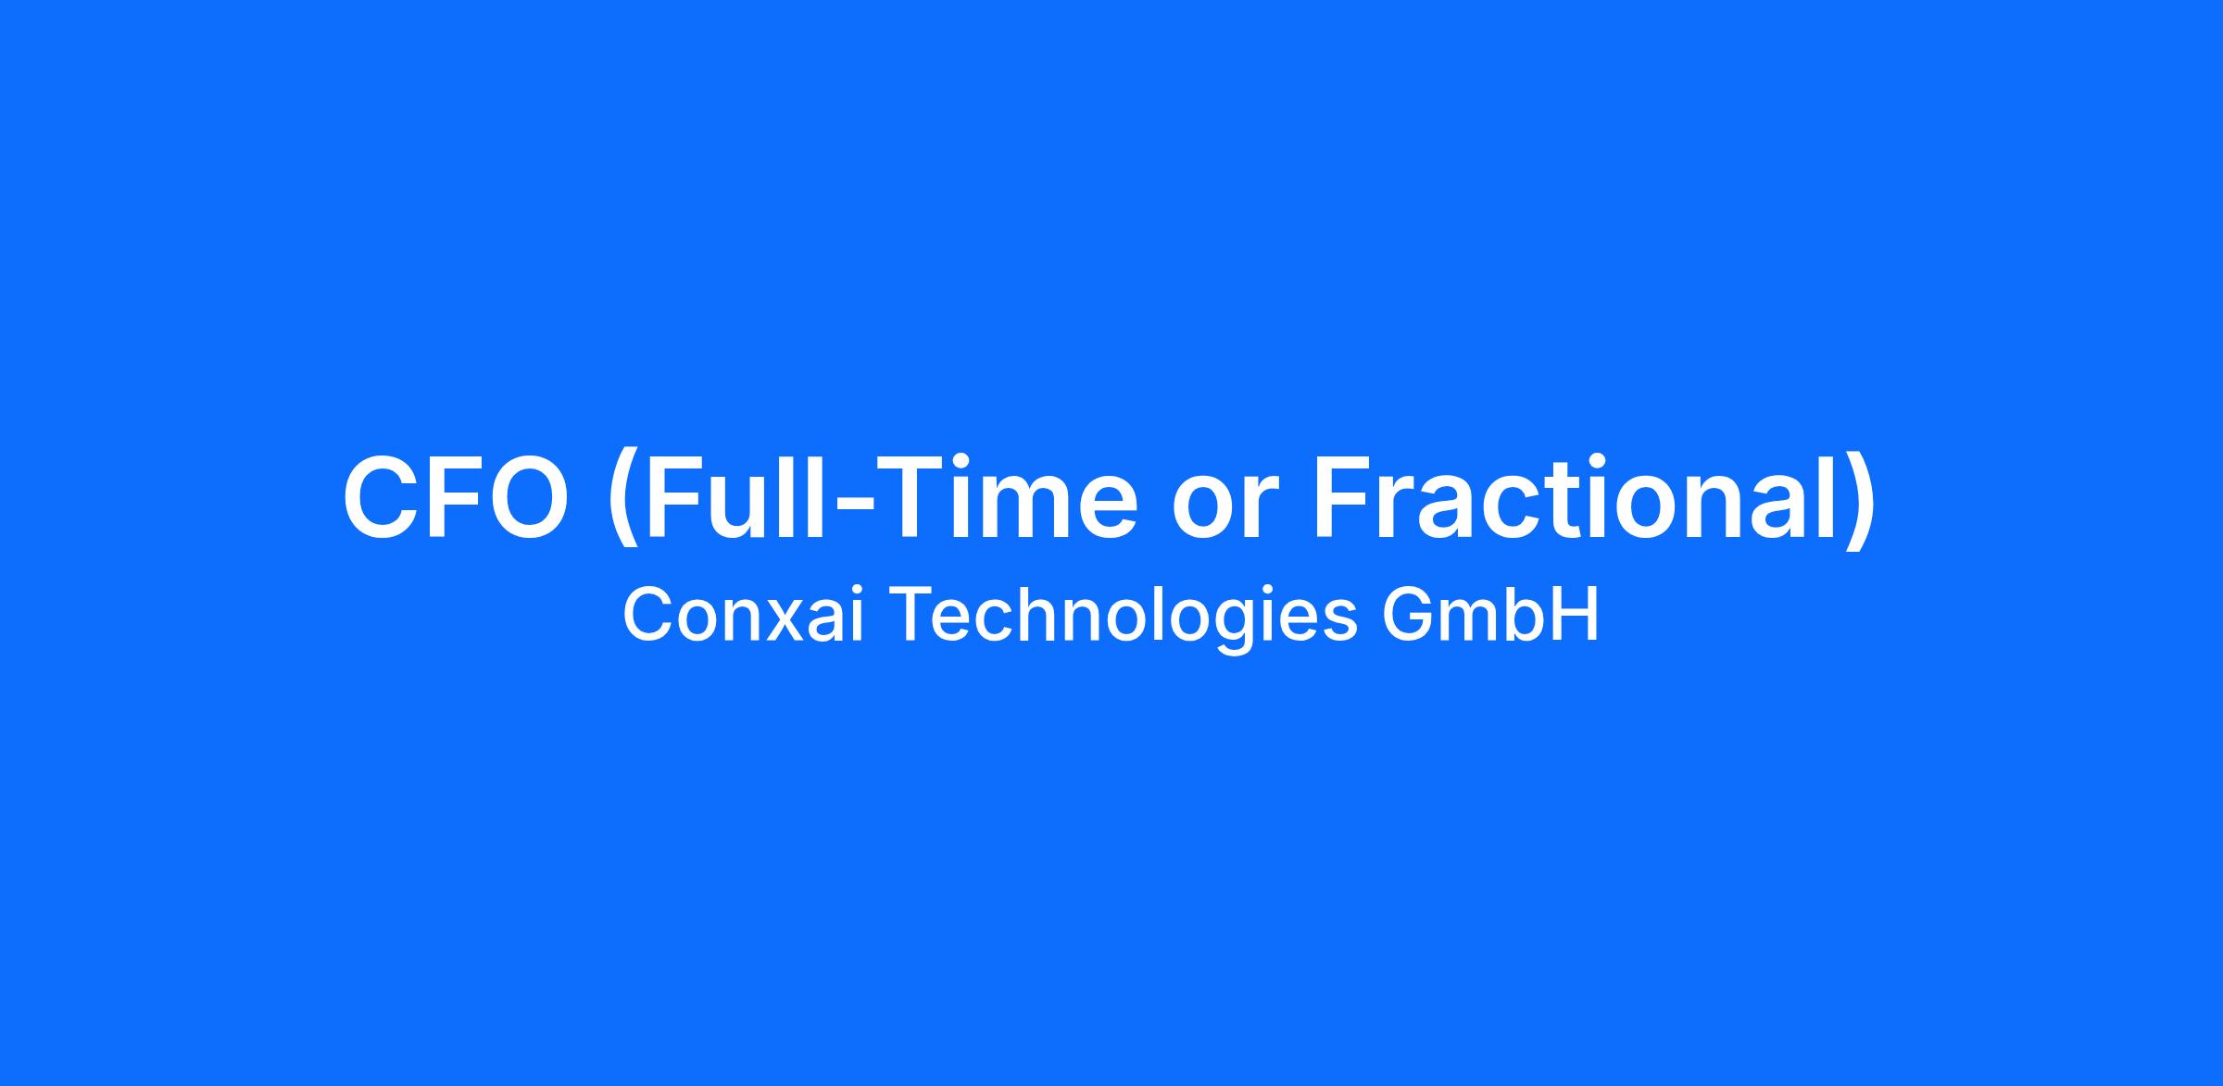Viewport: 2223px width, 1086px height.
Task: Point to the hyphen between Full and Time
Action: tap(845, 504)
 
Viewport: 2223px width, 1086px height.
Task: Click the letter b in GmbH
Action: tap(1526, 614)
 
